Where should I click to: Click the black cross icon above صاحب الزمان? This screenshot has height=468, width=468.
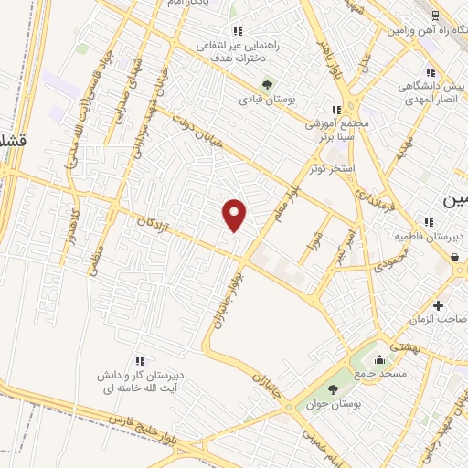pyautogui.click(x=439, y=304)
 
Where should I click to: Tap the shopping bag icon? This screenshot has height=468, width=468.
pyautogui.click(x=455, y=257)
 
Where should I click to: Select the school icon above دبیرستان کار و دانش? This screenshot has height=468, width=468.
pyautogui.click(x=139, y=361)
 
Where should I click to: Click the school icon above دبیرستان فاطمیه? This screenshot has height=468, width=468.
pyautogui.click(x=429, y=222)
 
